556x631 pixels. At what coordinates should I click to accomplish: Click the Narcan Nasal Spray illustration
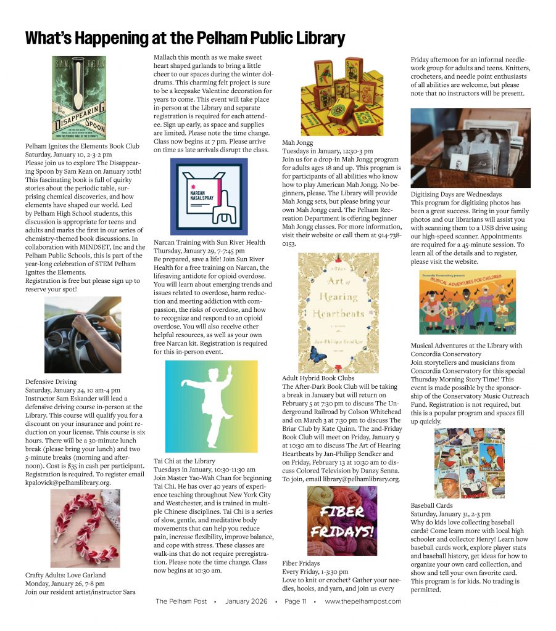click(209, 196)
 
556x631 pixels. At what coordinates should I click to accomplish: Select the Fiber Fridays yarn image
click(342, 521)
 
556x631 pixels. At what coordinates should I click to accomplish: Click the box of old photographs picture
click(470, 148)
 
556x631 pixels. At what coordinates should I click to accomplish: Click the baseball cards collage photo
click(469, 463)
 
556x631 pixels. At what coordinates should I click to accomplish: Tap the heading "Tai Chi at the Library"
click(184, 461)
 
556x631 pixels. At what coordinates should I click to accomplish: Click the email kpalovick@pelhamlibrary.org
click(68, 482)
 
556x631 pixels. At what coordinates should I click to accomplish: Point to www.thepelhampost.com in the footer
click(363, 601)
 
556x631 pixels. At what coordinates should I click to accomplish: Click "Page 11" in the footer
click(296, 601)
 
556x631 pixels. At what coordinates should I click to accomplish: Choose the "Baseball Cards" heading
click(431, 505)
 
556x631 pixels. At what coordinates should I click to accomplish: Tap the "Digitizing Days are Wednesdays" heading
click(456, 194)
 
